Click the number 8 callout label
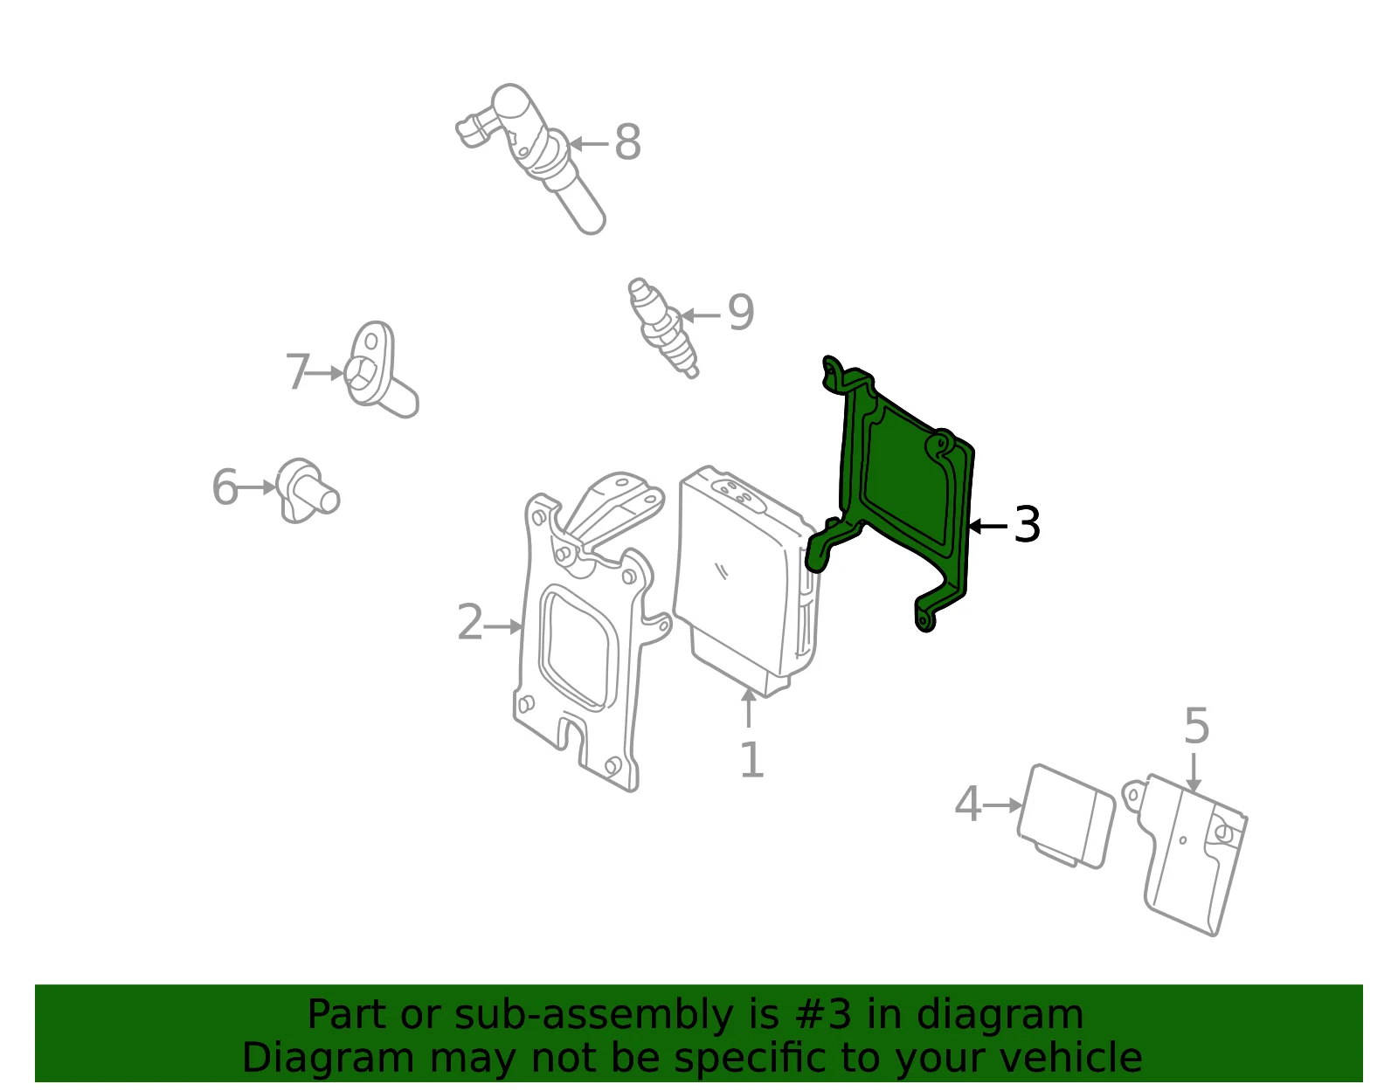628,142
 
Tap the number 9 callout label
740,313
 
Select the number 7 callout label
297,371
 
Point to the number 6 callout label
225,487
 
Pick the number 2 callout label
470,622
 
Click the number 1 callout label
751,760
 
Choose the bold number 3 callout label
1027,525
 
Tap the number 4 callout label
968,804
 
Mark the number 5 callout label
1197,726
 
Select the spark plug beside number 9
662,328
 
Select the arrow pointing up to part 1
748,708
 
